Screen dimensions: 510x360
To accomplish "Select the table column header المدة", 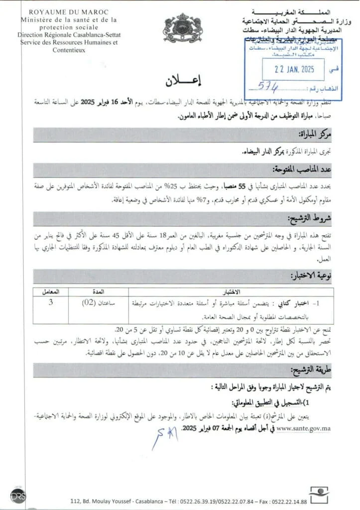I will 101,290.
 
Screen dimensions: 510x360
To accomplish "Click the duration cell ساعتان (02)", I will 101,302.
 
